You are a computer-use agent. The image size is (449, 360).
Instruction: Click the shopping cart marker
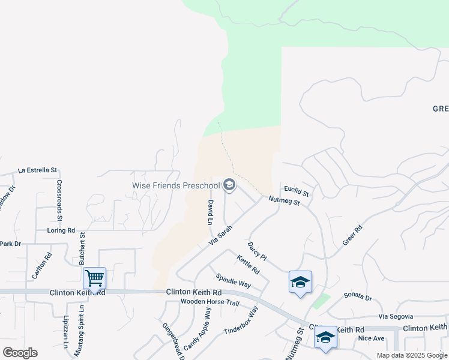click(x=94, y=278)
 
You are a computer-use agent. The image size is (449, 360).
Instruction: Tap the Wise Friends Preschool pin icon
click(x=229, y=185)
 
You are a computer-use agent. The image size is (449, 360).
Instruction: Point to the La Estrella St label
click(x=37, y=170)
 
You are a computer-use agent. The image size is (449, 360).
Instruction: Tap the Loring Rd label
click(x=61, y=230)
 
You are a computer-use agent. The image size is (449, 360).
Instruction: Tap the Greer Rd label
click(x=353, y=235)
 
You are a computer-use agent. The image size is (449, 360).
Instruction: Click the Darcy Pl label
click(x=257, y=251)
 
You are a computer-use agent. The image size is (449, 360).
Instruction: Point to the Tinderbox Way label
click(x=241, y=321)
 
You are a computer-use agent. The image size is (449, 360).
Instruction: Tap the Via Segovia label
click(x=396, y=316)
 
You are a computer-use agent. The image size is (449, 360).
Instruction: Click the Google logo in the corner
click(x=20, y=353)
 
